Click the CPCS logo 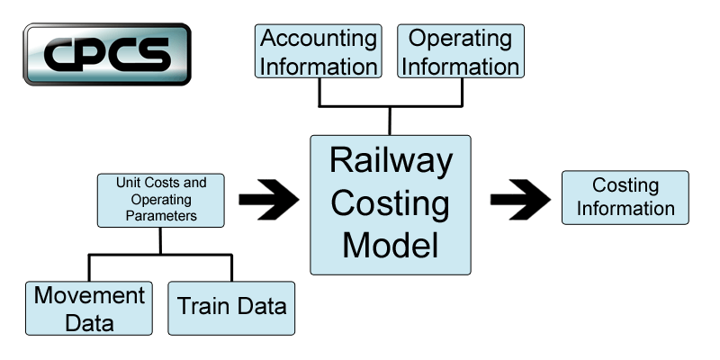pos(107,54)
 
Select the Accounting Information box pos(319,51)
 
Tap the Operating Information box pos(460,51)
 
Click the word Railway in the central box pos(390,162)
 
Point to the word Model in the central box pos(390,244)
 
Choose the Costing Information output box pos(625,197)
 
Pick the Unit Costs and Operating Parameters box pos(161,199)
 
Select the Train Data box pos(231,307)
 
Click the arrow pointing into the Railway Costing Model pos(269,198)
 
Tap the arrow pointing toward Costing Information pos(520,198)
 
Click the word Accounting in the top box pos(319,39)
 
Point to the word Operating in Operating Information pos(460,39)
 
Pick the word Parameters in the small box pos(161,216)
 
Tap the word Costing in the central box pos(390,202)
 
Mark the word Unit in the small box pos(127,183)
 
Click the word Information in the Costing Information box pos(625,209)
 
